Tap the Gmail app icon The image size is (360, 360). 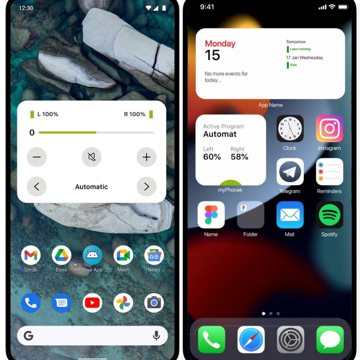coord(31,255)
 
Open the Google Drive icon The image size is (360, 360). coord(62,255)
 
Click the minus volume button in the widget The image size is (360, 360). coord(37,157)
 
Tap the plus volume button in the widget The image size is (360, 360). coord(147,157)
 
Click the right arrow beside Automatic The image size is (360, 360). coord(147,186)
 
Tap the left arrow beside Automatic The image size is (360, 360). coord(37,186)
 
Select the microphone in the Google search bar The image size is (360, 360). coord(156,336)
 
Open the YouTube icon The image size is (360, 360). coord(92,303)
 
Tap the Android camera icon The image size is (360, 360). coord(154,303)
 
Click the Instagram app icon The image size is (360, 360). coord(329,129)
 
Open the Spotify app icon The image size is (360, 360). coord(329,215)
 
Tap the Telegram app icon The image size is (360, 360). coord(290,172)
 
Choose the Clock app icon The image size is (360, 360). coord(290,129)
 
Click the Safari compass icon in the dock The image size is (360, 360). coord(251,340)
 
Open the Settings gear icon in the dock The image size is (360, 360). coord(290,340)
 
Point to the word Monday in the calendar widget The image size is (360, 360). coord(220,44)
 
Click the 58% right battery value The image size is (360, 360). coord(239,157)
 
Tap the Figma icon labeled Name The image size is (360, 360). coord(211,215)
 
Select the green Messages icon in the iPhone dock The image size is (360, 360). coord(330,340)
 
